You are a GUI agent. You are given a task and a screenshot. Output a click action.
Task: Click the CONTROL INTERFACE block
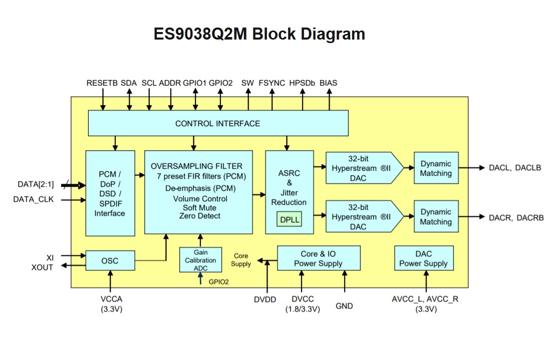click(x=218, y=123)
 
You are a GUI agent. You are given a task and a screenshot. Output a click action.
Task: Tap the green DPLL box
click(x=290, y=219)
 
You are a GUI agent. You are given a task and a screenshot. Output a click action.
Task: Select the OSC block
click(x=110, y=260)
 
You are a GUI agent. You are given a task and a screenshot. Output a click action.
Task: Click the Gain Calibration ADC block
click(x=200, y=260)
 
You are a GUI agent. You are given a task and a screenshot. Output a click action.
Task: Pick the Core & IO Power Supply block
click(x=318, y=259)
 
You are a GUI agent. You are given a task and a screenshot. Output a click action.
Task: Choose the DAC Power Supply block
click(x=423, y=259)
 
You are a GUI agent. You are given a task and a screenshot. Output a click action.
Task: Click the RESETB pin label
click(x=102, y=83)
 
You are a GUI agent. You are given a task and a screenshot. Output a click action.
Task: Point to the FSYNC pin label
click(x=271, y=83)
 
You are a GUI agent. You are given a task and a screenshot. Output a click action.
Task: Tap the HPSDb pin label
click(x=302, y=83)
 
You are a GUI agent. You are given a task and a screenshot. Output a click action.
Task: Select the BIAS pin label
click(x=328, y=83)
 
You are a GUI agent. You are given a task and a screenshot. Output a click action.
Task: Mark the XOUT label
click(x=42, y=267)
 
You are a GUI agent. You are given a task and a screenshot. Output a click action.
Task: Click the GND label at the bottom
click(x=344, y=305)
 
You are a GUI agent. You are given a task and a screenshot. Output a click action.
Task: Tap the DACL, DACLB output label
click(x=514, y=168)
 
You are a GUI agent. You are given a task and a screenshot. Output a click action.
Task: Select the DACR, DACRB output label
click(x=516, y=217)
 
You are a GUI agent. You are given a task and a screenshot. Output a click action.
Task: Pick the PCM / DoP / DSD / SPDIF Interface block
click(x=110, y=193)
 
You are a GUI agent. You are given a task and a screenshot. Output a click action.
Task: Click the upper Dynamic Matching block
click(x=436, y=168)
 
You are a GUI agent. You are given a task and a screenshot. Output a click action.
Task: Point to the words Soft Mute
click(x=198, y=207)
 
